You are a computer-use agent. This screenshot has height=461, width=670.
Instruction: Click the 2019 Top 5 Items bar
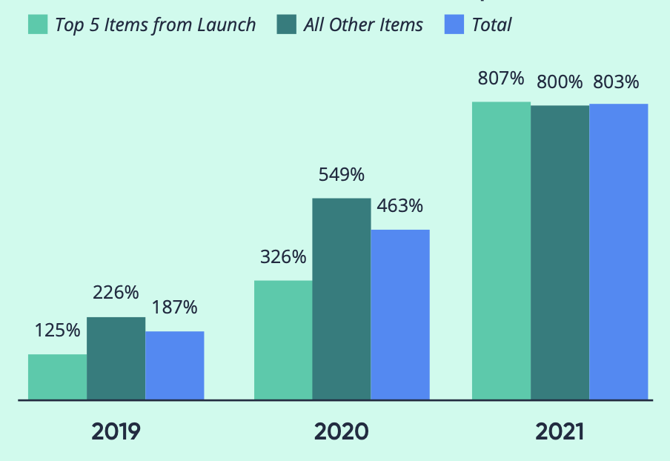[x=57, y=377]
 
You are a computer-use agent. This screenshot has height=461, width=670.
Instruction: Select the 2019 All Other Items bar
[x=116, y=359]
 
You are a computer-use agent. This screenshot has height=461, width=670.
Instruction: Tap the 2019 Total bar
[x=174, y=365]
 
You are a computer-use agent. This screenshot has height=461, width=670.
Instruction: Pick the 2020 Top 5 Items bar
[x=283, y=340]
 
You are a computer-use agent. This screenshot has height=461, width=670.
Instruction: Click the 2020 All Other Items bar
[x=342, y=299]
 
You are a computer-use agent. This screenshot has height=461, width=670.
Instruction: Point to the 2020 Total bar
[x=400, y=315]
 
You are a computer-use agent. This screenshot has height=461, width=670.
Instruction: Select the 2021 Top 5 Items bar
[x=501, y=251]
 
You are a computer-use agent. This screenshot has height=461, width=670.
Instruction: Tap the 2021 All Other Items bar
[x=560, y=253]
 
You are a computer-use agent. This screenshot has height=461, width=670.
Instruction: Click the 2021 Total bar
[x=618, y=252]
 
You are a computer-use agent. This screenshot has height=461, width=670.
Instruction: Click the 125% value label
[x=57, y=331]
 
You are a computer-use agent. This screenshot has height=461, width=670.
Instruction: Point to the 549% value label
[x=342, y=175]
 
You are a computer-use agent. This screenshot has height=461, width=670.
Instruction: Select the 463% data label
[x=400, y=205]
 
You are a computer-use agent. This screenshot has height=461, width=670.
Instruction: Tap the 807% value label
[x=501, y=78]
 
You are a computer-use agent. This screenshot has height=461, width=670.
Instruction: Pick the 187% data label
[x=174, y=308]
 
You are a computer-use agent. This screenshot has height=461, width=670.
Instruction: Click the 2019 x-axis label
[x=116, y=431]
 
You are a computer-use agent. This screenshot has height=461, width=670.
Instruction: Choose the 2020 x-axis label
[x=341, y=431]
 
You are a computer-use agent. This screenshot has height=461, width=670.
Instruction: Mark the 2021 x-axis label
[x=559, y=431]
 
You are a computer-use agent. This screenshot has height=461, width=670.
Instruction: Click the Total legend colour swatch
[x=454, y=24]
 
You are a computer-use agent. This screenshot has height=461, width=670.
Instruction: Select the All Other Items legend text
[x=363, y=24]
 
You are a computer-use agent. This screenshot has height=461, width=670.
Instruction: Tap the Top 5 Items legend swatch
[x=38, y=24]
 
